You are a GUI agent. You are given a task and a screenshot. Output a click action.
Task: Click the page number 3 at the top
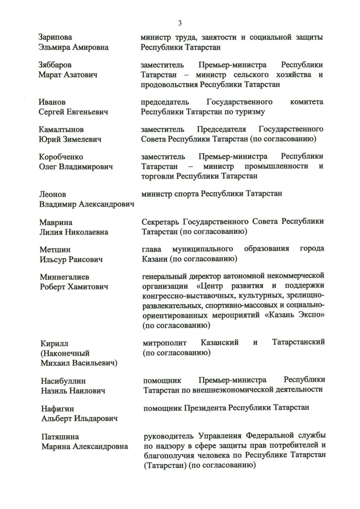(180, 23)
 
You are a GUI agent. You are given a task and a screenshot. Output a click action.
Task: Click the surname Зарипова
(55, 37)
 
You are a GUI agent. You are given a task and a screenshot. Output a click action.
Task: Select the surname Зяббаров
(55, 65)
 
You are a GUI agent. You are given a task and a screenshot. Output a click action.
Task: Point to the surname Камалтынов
(61, 129)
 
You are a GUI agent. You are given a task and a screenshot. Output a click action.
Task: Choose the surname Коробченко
(61, 157)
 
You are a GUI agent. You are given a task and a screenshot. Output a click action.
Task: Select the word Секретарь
(161, 221)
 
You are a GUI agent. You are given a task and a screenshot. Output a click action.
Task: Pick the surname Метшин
(55, 249)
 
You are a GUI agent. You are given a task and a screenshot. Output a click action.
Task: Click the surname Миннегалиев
(65, 277)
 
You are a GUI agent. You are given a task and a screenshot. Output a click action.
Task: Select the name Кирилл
(54, 344)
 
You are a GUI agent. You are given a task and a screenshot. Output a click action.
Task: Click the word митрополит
(165, 343)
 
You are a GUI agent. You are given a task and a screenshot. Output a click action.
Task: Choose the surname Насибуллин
(63, 381)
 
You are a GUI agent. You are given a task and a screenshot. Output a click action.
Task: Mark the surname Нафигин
(58, 409)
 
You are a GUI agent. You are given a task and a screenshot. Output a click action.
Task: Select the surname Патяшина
(60, 437)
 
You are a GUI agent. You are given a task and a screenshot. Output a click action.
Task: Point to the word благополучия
(170, 455)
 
